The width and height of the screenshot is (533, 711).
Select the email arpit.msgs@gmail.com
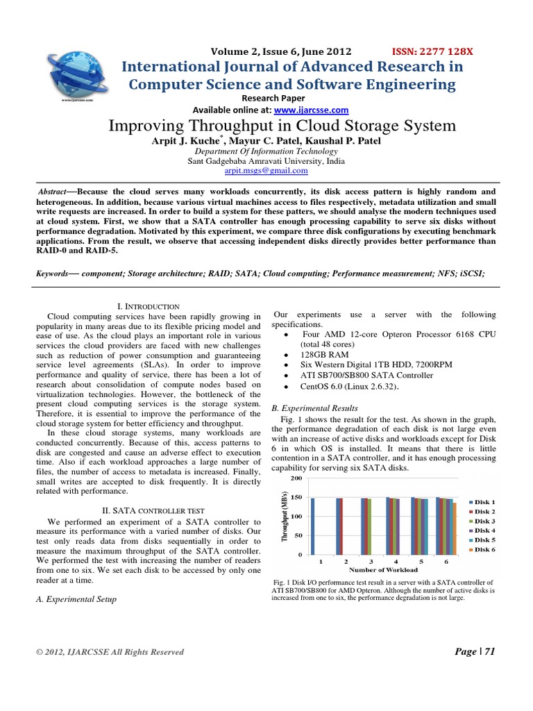266,170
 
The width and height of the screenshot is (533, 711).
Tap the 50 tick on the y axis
298,535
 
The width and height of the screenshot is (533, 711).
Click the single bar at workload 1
313,526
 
